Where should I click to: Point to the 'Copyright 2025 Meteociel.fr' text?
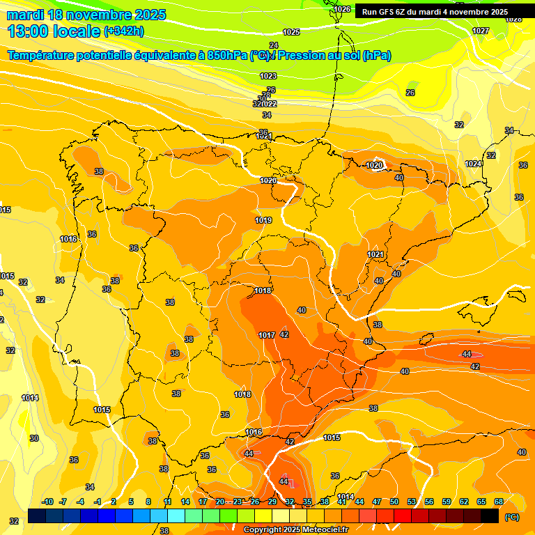click(x=296, y=530)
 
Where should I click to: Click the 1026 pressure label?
click(x=342, y=9)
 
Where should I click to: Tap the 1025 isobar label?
click(x=291, y=32)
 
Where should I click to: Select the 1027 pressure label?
click(x=481, y=31)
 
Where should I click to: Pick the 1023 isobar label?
click(x=267, y=76)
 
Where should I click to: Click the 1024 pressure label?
click(x=473, y=164)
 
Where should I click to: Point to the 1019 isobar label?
click(x=263, y=220)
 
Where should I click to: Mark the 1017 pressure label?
click(x=267, y=335)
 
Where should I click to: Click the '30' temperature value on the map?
click(x=34, y=438)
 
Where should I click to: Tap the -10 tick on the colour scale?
click(x=47, y=502)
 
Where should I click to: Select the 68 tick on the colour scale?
click(x=499, y=502)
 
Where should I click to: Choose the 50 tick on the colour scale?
click(x=394, y=502)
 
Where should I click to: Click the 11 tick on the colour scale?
click(x=168, y=502)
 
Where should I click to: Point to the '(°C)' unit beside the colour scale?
click(x=512, y=517)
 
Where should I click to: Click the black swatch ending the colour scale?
click(x=490, y=516)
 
